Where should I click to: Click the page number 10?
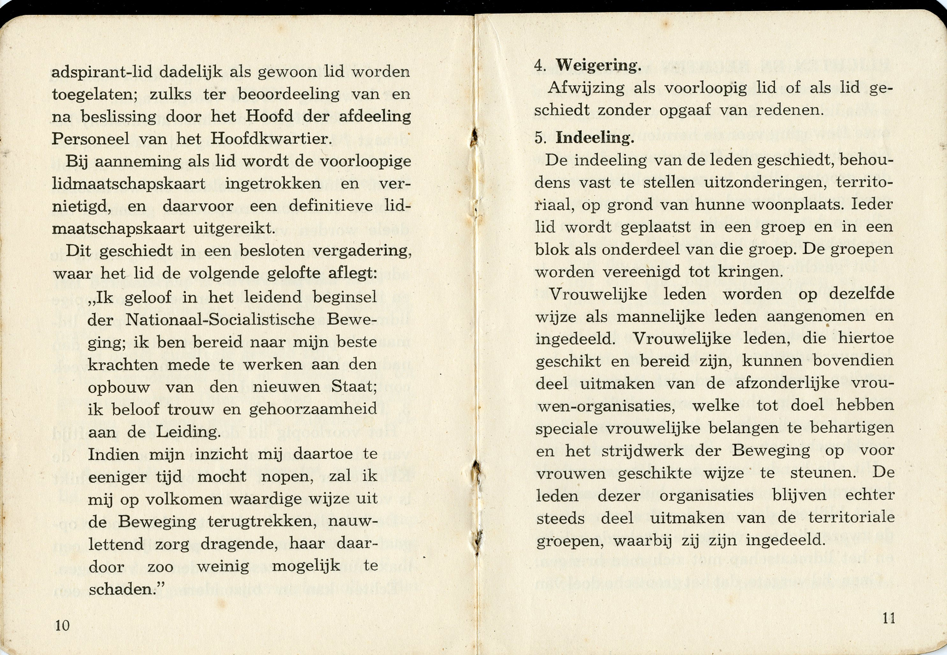tap(62, 626)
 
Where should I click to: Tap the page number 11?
tap(889, 618)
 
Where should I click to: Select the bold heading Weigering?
tap(599, 66)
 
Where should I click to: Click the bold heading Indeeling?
tap(595, 138)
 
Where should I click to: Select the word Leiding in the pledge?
tap(188, 432)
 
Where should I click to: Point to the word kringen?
tap(750, 272)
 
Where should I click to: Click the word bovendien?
tap(854, 361)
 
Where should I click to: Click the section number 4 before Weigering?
tap(540, 66)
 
